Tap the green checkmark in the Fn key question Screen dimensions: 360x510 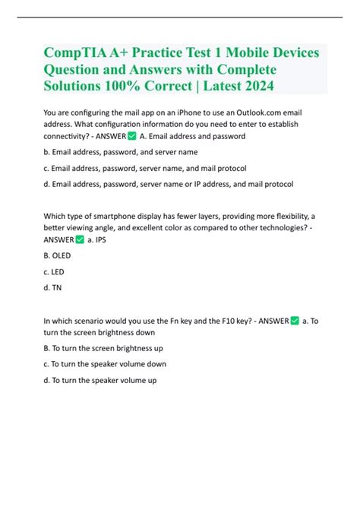[x=295, y=321]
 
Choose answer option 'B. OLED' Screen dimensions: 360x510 [x=58, y=258]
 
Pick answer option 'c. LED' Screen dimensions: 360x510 [x=55, y=274]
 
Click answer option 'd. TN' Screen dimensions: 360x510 [x=53, y=289]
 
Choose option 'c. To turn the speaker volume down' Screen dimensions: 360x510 [x=105, y=364]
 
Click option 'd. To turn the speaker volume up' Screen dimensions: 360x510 [x=101, y=380]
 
